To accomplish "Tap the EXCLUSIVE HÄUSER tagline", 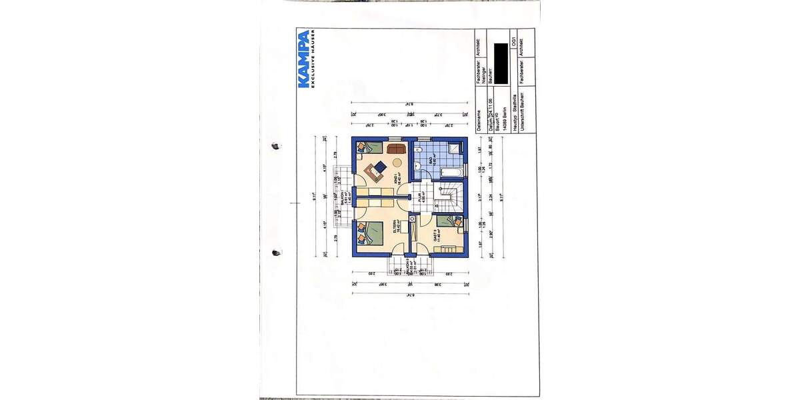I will tap(315, 59).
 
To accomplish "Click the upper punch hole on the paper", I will tap(274, 146).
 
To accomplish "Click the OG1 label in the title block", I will tap(511, 42).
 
